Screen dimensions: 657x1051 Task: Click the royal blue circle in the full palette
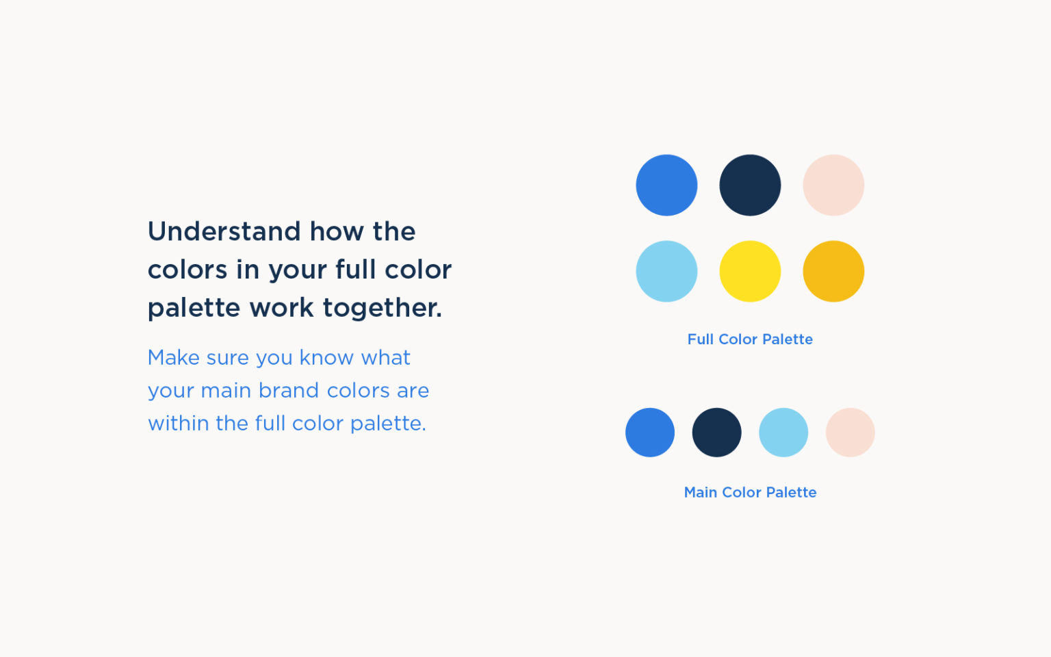(666, 185)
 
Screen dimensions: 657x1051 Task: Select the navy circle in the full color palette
(750, 185)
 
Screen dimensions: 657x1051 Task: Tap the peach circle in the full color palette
(833, 185)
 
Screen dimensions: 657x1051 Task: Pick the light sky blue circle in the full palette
(666, 271)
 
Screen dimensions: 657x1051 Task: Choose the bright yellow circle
(750, 271)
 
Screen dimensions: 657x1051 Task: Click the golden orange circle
(833, 271)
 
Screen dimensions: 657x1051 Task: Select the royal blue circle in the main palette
(650, 433)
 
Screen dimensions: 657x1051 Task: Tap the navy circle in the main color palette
(716, 433)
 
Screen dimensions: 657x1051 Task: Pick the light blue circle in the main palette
(783, 433)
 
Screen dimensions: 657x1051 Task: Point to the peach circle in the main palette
(850, 433)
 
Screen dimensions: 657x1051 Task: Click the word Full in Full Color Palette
(700, 339)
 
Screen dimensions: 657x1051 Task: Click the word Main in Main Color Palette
(700, 493)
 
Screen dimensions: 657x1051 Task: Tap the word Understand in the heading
(224, 232)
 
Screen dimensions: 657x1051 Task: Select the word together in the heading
(382, 308)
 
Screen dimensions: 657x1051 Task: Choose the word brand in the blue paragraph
(288, 391)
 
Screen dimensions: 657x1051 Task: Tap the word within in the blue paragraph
(178, 424)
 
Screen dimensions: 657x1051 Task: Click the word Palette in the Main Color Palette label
(791, 493)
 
